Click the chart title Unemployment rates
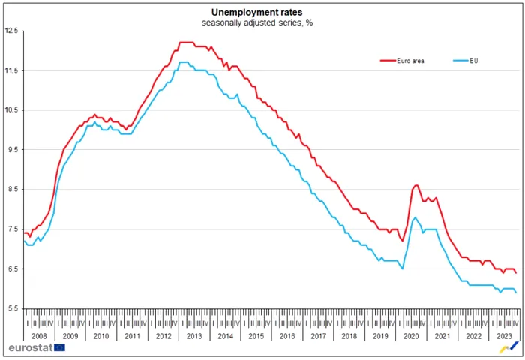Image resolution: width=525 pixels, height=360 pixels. pyautogui.click(x=261, y=13)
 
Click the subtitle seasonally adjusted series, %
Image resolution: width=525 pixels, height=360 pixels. pyautogui.click(x=261, y=23)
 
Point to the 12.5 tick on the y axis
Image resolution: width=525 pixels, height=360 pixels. pyautogui.click(x=11, y=31)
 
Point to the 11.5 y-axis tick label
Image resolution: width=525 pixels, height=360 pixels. pyautogui.click(x=11, y=70)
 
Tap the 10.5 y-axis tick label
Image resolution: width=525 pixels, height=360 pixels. pyautogui.click(x=11, y=110)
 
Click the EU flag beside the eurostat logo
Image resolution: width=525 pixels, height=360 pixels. pyautogui.click(x=58, y=348)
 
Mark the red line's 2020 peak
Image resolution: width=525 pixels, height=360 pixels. pyautogui.click(x=416, y=184)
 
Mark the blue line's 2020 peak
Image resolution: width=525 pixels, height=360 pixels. pyautogui.click(x=415, y=217)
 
